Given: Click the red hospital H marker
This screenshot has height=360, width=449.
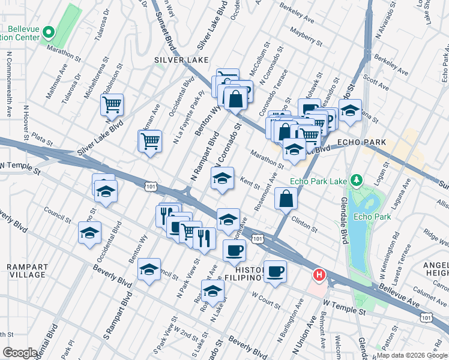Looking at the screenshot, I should [x=319, y=275].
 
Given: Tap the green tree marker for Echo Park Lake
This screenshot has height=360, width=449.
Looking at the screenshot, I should [x=357, y=180].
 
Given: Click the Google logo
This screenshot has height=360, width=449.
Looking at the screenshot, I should [x=20, y=353].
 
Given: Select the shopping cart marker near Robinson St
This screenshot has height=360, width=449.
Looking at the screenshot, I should [x=112, y=105].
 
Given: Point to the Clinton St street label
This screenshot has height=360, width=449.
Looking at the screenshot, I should [x=305, y=224].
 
